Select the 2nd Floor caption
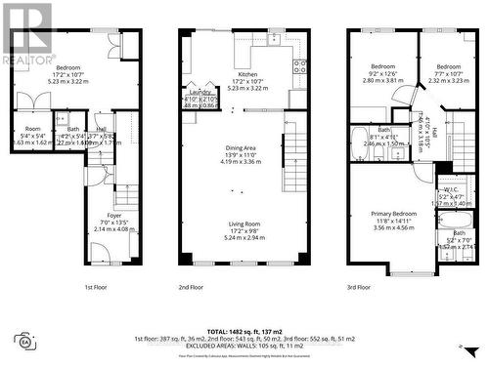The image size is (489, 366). pos(238,288)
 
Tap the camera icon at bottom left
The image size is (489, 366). pos(24,341)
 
